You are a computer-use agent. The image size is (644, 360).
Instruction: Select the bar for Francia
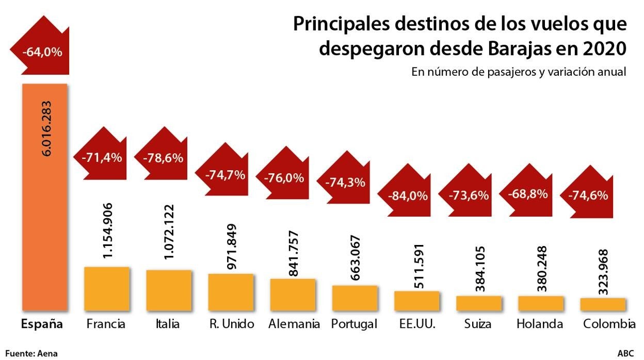(106, 289)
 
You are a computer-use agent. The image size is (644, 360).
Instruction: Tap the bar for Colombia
(603, 304)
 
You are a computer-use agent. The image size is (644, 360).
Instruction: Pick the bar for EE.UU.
(416, 301)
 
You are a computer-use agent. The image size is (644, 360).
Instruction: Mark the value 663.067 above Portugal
(356, 258)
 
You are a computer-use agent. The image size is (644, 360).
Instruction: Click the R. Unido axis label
(231, 324)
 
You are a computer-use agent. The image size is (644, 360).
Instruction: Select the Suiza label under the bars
(477, 324)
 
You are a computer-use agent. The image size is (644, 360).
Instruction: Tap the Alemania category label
(294, 324)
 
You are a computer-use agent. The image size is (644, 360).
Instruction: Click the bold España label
(41, 324)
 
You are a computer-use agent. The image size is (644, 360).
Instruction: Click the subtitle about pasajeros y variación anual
(519, 72)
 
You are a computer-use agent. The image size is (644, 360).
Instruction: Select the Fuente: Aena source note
(31, 353)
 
